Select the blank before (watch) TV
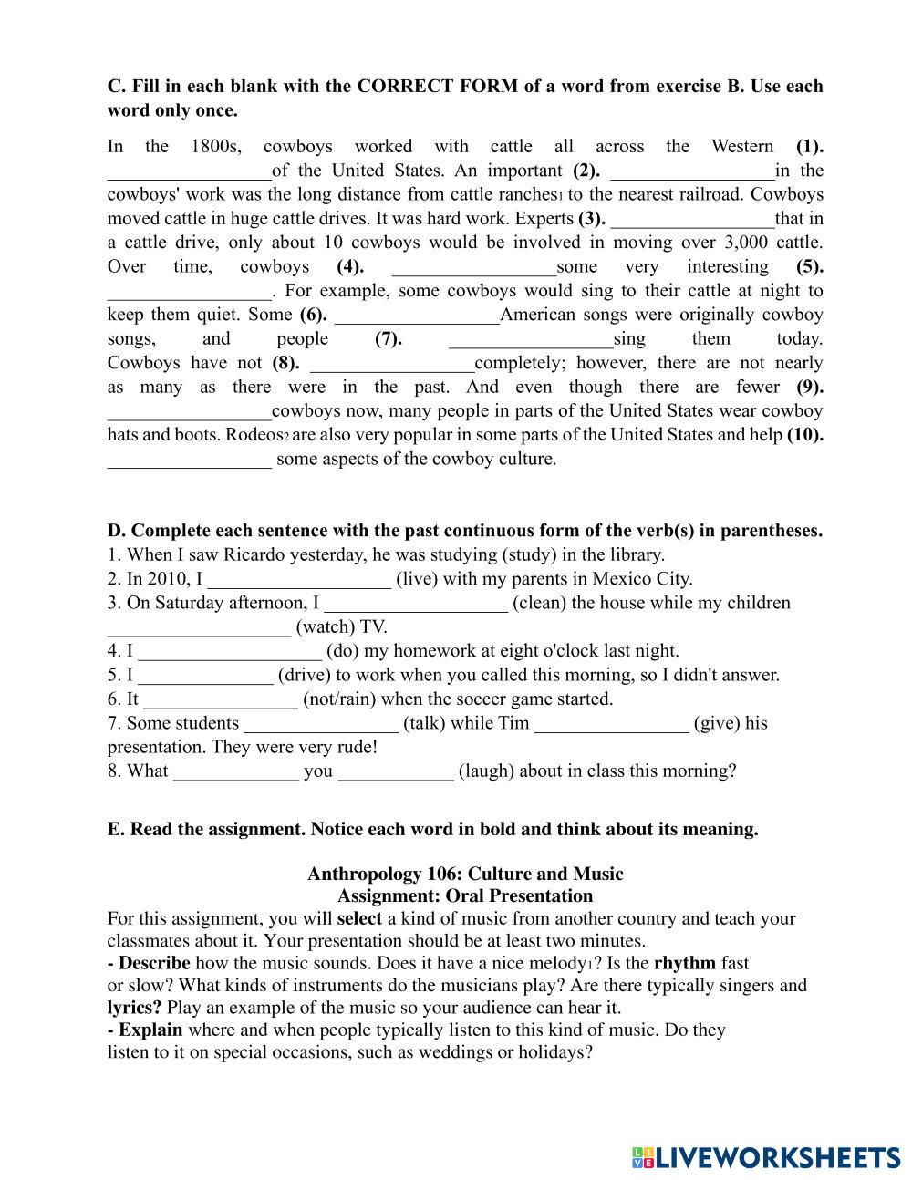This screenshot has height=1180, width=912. click(x=199, y=628)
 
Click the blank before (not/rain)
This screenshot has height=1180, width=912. click(x=221, y=700)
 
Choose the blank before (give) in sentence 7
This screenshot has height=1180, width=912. click(x=611, y=724)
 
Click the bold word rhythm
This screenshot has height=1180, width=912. click(x=684, y=963)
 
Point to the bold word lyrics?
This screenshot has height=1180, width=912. click(x=134, y=1008)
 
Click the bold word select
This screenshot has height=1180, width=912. click(x=359, y=918)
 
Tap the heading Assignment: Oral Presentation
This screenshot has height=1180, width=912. click(x=464, y=895)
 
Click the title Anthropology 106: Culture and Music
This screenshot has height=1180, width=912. click(x=464, y=874)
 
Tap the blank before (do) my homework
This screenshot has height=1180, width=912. click(x=230, y=652)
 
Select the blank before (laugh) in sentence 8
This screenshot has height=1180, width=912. click(x=395, y=772)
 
